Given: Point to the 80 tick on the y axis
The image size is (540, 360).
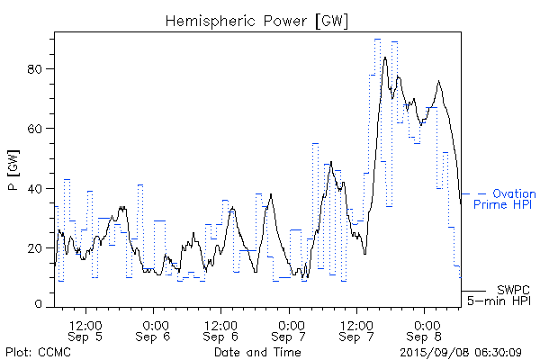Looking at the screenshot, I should (39, 69).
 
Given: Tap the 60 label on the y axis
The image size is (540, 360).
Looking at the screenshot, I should (39, 129).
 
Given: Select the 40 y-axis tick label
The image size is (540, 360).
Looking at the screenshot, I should (39, 188).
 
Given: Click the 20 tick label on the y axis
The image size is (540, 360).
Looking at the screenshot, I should (39, 247).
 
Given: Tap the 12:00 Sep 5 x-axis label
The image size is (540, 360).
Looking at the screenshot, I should (86, 329).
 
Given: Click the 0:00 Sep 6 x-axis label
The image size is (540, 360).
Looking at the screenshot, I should (154, 329).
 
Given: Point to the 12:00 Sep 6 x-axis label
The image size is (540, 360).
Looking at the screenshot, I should (221, 329).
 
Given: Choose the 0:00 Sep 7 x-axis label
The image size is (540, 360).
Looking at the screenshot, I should (290, 329).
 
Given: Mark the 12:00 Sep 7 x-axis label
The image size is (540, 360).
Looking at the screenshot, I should (357, 329).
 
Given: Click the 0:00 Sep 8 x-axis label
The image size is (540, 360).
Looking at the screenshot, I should (425, 329).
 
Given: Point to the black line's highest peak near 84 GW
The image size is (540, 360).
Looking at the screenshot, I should (385, 58).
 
